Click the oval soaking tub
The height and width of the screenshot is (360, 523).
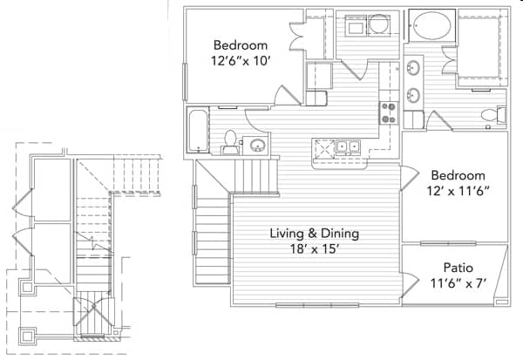[432, 25]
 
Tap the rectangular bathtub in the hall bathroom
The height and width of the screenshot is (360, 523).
[198, 131]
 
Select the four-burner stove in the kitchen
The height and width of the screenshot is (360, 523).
[389, 112]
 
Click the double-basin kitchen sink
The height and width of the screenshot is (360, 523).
[348, 146]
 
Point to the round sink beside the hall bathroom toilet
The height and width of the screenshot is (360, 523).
[257, 146]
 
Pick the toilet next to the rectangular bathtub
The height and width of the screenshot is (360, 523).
[230, 143]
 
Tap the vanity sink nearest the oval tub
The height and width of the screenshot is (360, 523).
[413, 68]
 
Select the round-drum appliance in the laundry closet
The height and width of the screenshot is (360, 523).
[378, 24]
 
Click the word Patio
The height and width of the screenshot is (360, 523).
[458, 268]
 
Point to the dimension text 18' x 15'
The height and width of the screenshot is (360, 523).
[315, 249]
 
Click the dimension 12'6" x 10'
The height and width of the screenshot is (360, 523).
[240, 61]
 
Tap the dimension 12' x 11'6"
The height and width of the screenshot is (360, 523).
[458, 191]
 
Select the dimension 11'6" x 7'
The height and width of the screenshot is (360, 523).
[458, 283]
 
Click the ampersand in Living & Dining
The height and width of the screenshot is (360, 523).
[312, 234]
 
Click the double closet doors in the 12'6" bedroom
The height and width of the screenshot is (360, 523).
[297, 37]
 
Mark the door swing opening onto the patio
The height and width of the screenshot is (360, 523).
[410, 284]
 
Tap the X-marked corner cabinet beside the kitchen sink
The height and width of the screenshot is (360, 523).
[324, 148]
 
